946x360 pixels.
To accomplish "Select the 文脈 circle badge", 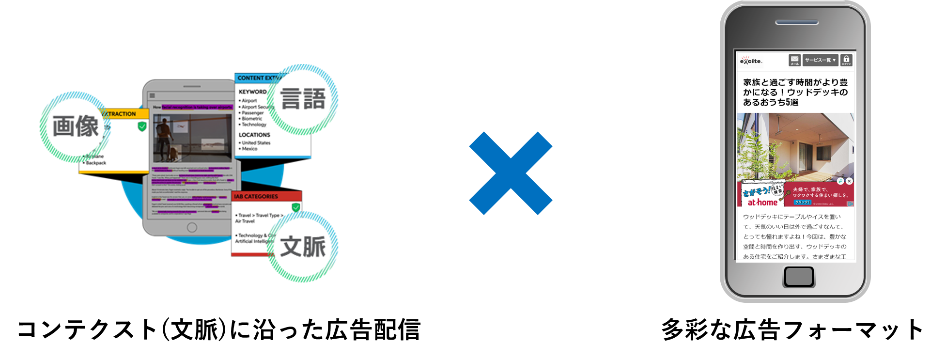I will [303, 247].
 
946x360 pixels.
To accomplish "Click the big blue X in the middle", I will [511, 173].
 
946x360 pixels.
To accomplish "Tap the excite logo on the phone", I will [751, 61].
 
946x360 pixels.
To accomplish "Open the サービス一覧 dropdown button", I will [820, 60].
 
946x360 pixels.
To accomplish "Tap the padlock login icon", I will [846, 60].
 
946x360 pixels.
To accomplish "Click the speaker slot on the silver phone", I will [797, 22].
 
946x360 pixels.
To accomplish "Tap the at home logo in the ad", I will [762, 203].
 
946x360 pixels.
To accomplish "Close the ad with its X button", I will [849, 181].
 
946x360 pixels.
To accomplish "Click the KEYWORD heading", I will [252, 92].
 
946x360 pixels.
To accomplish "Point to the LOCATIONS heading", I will [254, 135].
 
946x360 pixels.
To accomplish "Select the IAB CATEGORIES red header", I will [256, 196].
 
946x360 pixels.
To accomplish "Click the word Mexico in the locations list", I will [249, 149].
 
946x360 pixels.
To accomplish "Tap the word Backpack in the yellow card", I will [96, 163].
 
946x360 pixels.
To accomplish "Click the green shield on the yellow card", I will [142, 126].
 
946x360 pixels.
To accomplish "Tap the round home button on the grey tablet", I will [192, 227].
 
